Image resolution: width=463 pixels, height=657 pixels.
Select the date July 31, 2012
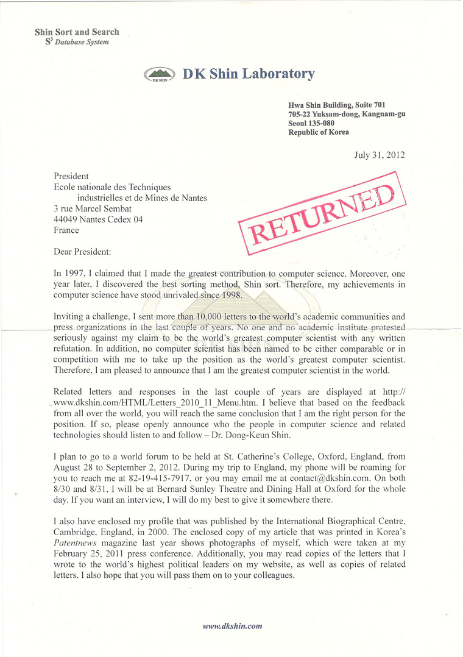[379, 155]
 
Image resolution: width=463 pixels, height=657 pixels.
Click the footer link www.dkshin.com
[232, 625]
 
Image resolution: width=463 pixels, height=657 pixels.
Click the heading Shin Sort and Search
[77, 32]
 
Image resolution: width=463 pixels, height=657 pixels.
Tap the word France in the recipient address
[66, 230]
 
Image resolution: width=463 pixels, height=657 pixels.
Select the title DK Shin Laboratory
[248, 74]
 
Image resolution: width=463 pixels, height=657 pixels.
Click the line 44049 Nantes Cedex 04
[98, 219]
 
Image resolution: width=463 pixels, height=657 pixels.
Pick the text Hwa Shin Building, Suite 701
[337, 105]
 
